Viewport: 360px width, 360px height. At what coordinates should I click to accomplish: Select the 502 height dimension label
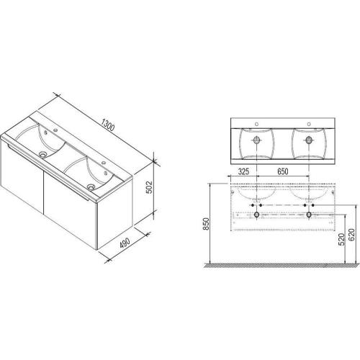[149, 187]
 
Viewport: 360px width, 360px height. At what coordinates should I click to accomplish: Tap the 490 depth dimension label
[125, 243]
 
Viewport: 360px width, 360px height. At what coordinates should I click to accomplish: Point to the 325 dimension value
[243, 171]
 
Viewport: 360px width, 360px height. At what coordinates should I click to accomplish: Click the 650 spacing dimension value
[283, 171]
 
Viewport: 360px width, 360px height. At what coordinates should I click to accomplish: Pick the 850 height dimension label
[206, 224]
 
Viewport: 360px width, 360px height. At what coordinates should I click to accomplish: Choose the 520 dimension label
[341, 239]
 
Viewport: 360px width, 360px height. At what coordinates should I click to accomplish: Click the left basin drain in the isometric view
[43, 154]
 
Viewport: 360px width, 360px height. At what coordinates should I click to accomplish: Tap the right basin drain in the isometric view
[91, 186]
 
